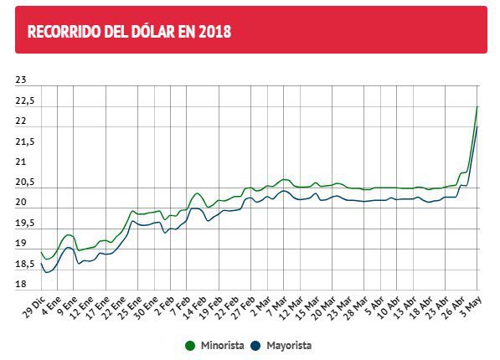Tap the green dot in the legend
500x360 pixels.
190,344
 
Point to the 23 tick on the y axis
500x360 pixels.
22,80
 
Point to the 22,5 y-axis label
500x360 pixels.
26,100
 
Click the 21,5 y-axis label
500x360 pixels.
26,141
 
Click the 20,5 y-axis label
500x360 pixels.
26,183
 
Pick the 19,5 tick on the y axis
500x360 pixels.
26,224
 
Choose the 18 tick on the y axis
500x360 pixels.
22,285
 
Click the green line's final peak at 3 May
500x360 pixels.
477,106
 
